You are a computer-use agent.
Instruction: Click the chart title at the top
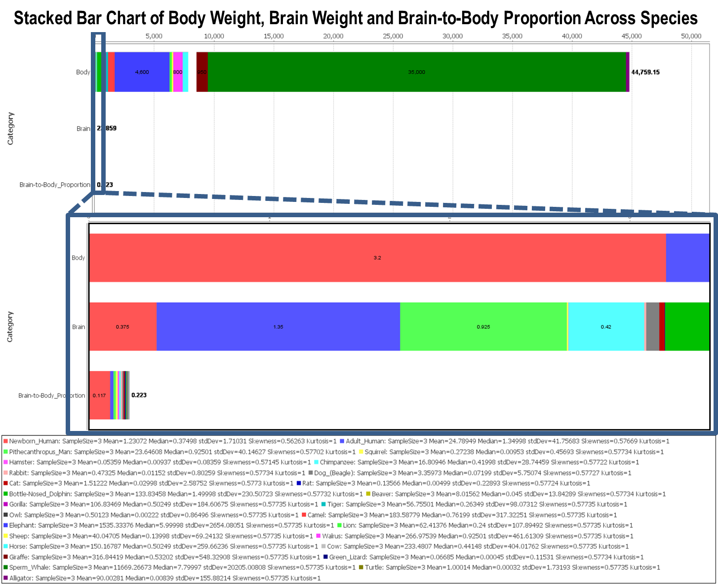pos(356,18)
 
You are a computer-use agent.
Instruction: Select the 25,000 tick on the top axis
pos(393,36)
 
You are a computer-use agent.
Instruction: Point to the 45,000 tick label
pos(632,36)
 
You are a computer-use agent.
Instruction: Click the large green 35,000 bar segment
pos(416,72)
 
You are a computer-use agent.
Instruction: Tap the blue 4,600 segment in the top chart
pos(142,72)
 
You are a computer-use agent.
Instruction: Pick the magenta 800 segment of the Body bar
pos(178,72)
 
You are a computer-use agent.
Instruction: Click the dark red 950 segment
pos(201,72)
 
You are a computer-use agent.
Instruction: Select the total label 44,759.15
pos(645,72)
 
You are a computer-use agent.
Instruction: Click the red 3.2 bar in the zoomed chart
pos(377,258)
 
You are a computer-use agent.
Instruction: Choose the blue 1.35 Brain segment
pos(278,327)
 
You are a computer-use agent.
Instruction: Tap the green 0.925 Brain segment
pos(483,327)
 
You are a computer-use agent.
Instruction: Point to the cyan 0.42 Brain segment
pos(606,327)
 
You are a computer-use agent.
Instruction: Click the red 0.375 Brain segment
pos(122,327)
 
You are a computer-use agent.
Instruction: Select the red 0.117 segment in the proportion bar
pos(99,395)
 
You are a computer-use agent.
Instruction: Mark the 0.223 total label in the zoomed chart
pos(139,395)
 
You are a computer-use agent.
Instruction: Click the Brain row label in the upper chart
pos(83,129)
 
